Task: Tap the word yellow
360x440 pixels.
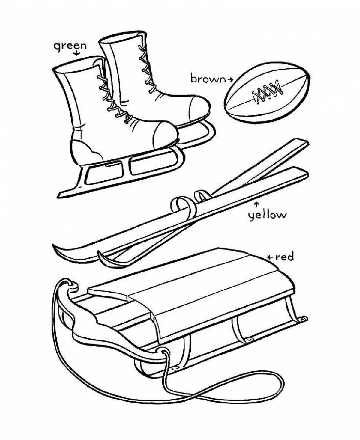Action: [x=267, y=215]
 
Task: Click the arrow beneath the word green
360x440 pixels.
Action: [x=76, y=53]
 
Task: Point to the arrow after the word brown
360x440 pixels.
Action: [x=230, y=79]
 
